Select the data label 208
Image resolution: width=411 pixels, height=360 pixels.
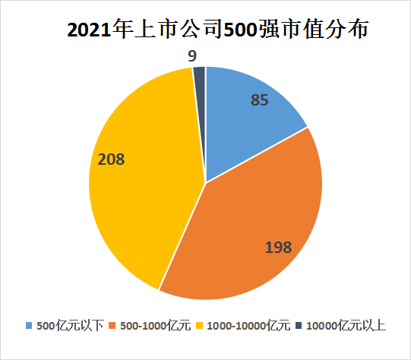111,159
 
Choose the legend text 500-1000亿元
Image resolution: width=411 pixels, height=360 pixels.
156,326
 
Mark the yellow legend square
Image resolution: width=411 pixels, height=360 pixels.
200,326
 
